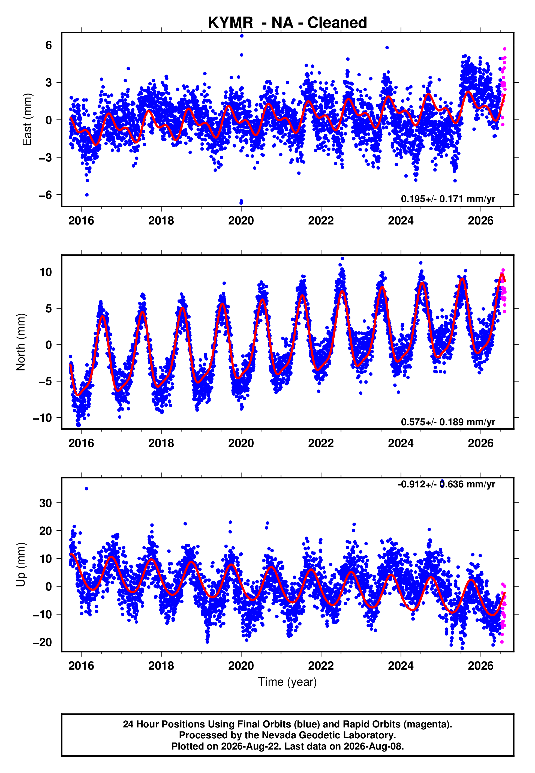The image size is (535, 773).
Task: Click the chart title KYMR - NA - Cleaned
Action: [x=287, y=23]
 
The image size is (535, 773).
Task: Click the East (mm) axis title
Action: [x=27, y=120]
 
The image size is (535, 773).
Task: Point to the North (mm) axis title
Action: [x=21, y=342]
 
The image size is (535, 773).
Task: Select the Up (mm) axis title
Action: [x=21, y=565]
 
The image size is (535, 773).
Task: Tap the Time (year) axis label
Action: [x=287, y=682]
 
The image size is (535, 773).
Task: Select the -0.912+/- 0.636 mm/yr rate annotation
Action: [x=446, y=484]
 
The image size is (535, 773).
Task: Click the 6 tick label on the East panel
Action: [x=49, y=45]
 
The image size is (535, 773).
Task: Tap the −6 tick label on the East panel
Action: [x=46, y=195]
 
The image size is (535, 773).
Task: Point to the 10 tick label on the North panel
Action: [x=46, y=272]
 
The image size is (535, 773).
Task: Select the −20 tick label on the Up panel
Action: [x=43, y=642]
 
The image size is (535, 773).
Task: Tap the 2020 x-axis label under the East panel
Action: [x=241, y=221]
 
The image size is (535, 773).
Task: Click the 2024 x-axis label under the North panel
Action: [x=401, y=443]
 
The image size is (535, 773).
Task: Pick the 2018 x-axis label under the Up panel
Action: [x=161, y=666]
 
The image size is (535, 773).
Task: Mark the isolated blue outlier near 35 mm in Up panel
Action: [x=86, y=489]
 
